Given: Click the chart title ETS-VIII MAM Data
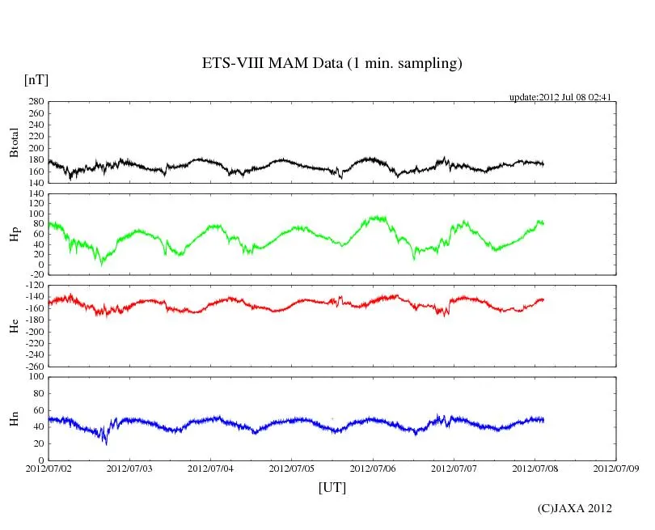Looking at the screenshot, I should tap(332, 64).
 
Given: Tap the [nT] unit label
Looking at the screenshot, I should tap(36, 79).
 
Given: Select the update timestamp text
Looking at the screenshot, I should tap(560, 97).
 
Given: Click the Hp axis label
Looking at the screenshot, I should tap(14, 235).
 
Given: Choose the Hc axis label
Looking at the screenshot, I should tap(14, 325).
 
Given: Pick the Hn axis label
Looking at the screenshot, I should tap(14, 418).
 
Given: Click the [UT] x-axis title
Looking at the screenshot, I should tap(332, 487).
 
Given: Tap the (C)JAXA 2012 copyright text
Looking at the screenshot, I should tap(574, 508).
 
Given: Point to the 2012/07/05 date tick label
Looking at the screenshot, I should tap(292, 468).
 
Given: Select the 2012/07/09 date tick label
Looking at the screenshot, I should tap(616, 468).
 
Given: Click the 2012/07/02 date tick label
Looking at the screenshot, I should tap(49, 468).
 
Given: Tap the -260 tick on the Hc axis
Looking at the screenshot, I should tap(34, 366).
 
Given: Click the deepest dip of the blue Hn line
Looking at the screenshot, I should tap(106, 443).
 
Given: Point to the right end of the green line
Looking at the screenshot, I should tap(543, 223).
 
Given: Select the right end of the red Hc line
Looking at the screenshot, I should tap(543, 299).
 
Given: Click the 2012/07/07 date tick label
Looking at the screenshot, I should tap(454, 468).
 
